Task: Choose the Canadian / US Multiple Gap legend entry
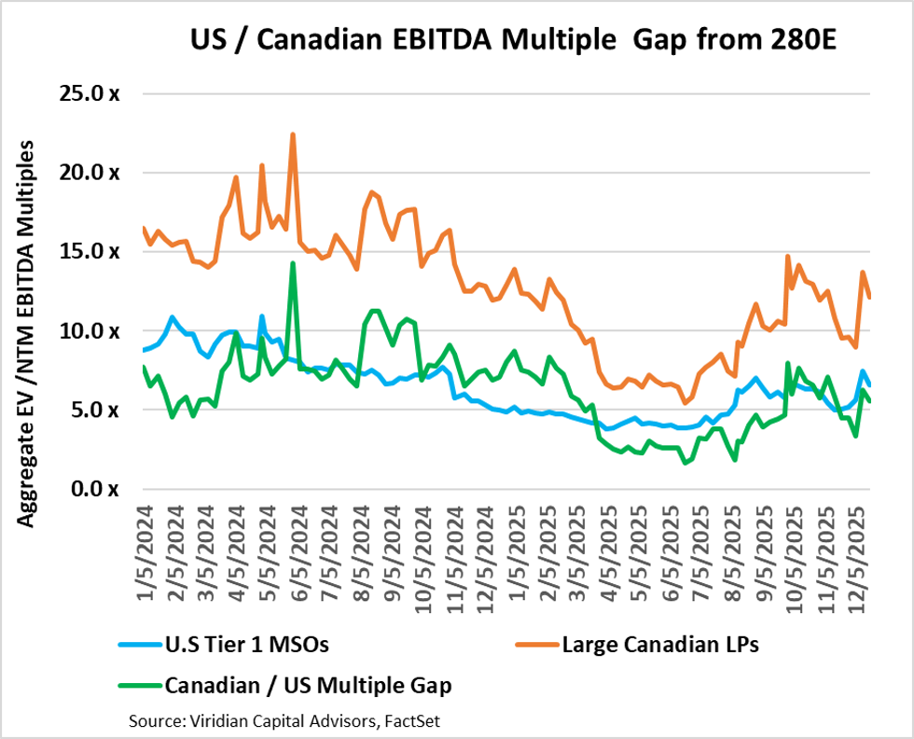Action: [x=308, y=686]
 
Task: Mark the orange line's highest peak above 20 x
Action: [x=293, y=134]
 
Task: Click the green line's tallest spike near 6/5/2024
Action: [x=293, y=263]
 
